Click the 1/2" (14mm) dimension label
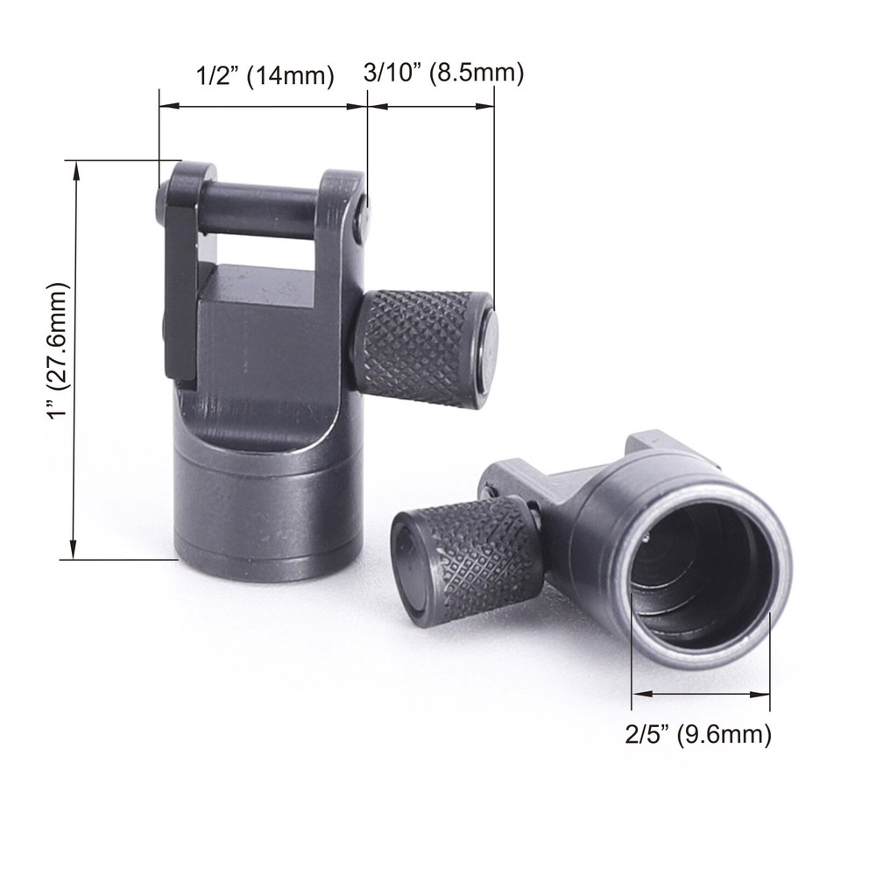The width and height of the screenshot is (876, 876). [x=263, y=76]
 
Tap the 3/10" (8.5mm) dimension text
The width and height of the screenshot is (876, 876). [x=443, y=74]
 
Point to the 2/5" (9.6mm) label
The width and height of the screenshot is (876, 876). [x=698, y=734]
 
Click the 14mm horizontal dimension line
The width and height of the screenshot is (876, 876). [x=263, y=108]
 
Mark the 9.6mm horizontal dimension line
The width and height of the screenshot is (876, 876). [x=701, y=694]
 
